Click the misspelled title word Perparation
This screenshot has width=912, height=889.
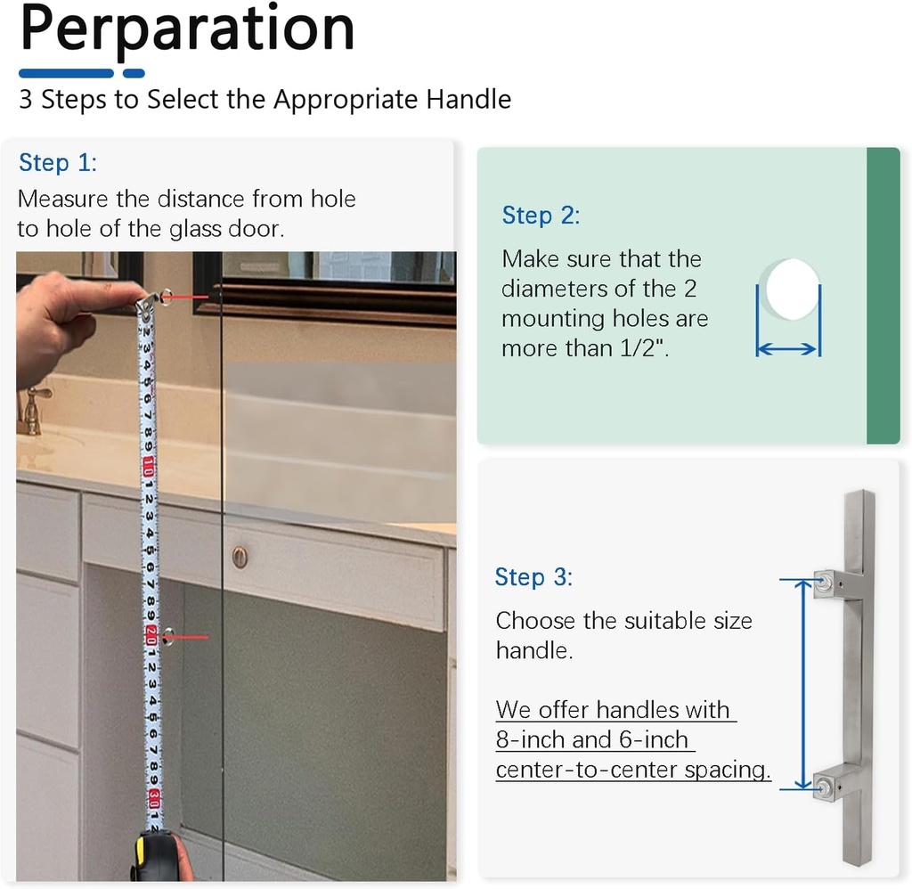point(187,29)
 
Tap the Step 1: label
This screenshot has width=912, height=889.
point(57,163)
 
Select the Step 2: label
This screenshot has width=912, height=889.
point(541,216)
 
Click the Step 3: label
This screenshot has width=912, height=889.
point(533,577)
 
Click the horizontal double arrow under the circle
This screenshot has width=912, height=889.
point(787,350)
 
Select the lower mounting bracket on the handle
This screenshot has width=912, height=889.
point(837,783)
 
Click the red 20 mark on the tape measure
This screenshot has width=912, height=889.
point(151,636)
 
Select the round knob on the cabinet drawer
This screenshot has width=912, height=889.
point(240,557)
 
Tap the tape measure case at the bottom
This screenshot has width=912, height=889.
point(161,857)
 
